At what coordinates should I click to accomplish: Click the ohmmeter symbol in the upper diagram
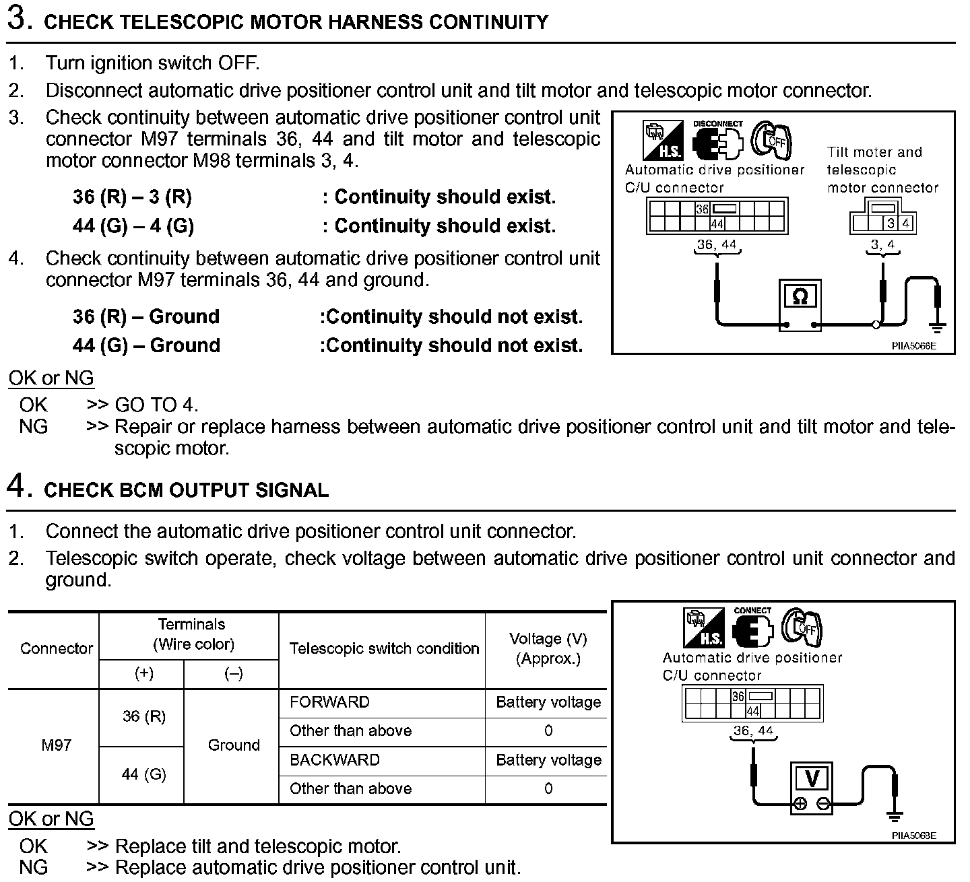(800, 296)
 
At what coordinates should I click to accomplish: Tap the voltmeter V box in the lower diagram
(812, 778)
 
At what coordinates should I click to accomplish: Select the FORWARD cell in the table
(329, 702)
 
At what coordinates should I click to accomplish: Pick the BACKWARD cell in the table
(335, 760)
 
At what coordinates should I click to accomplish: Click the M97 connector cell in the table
(56, 745)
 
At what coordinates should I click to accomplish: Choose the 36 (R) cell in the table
(144, 716)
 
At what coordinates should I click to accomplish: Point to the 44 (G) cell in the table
(144, 774)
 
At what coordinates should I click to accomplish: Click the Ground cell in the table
(234, 745)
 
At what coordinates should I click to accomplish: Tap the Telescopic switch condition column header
(384, 648)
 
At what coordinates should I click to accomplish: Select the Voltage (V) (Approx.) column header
(548, 648)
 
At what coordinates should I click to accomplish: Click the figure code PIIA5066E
(913, 347)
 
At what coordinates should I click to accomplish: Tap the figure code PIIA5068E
(913, 836)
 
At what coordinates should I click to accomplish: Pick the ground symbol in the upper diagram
(937, 328)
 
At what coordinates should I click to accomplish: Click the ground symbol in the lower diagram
(895, 817)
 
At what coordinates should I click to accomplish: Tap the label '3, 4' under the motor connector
(882, 245)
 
